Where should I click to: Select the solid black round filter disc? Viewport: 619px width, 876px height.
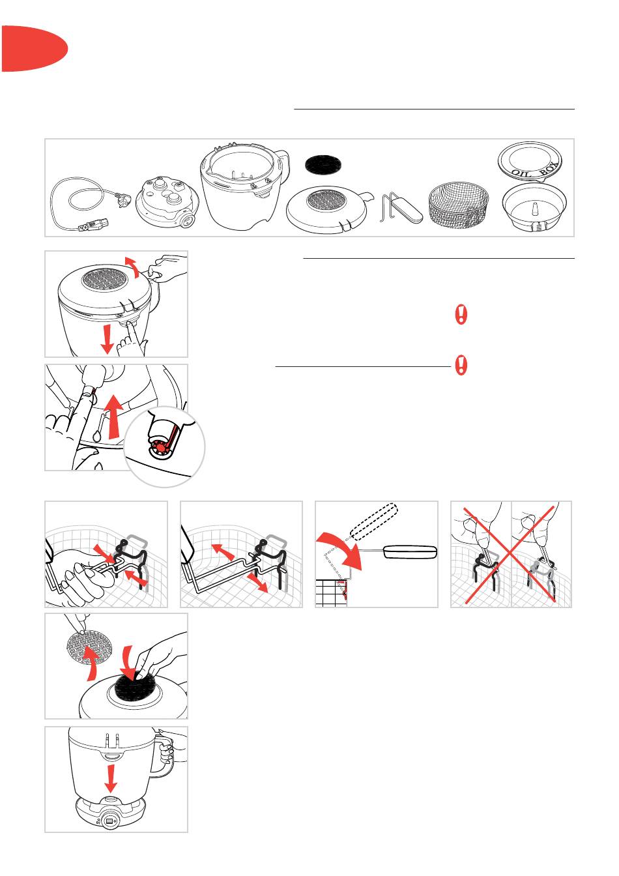(323, 165)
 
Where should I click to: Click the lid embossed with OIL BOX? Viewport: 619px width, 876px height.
(530, 161)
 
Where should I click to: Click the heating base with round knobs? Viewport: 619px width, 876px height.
(168, 203)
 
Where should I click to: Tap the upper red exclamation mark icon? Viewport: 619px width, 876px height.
(461, 314)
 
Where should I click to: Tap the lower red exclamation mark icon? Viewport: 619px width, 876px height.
(461, 365)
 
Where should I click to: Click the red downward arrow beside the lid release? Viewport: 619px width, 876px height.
(107, 338)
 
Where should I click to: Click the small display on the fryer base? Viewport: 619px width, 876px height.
(110, 821)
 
